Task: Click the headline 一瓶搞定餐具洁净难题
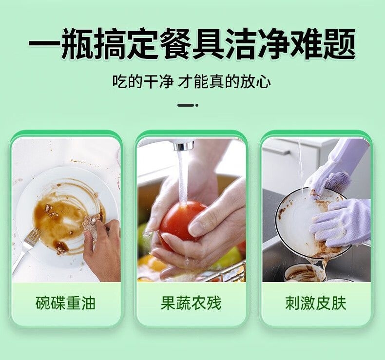(192, 44)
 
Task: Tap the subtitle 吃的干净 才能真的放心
(192, 82)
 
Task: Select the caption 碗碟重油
(66, 303)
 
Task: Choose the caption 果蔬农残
(191, 303)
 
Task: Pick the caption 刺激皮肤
(316, 303)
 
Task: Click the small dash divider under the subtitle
(188, 105)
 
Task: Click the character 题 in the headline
(340, 44)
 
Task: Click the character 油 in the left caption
(88, 303)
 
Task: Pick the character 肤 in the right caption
(339, 303)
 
